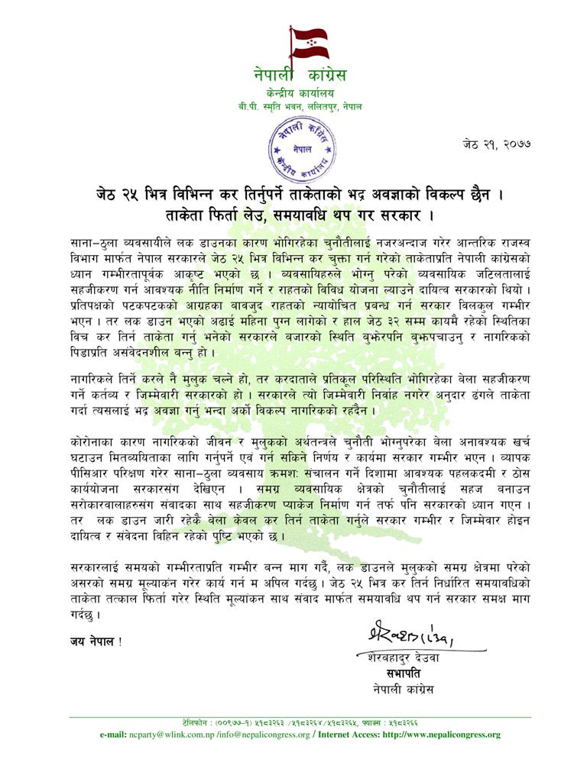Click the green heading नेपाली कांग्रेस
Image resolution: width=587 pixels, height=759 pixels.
pyautogui.click(x=300, y=76)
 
